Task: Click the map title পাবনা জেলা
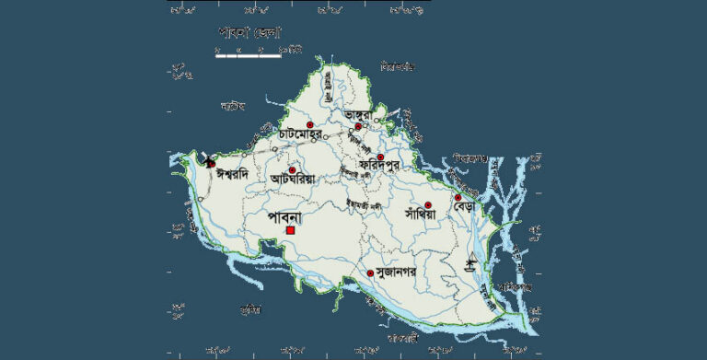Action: click(250, 32)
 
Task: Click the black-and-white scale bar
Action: click(249, 54)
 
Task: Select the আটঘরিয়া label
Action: click(293, 180)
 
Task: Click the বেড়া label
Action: click(463, 209)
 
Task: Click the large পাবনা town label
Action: click(289, 216)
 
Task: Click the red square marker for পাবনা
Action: click(290, 230)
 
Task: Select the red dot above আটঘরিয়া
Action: click(292, 169)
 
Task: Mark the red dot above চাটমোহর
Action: click(310, 124)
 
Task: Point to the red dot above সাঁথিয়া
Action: click(428, 204)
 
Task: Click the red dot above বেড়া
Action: click(458, 197)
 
